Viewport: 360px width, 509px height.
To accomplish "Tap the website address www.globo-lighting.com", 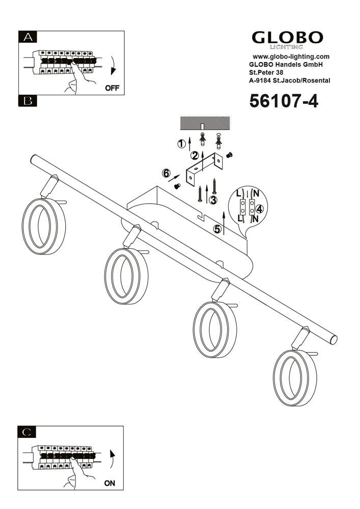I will [291, 56].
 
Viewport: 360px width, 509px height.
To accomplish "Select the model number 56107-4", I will [283, 101].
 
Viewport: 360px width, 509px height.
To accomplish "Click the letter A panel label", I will [29, 37].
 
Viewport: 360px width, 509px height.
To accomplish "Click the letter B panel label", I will [29, 101].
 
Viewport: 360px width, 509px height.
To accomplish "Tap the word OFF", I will [112, 88].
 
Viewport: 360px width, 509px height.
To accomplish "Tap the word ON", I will [109, 483].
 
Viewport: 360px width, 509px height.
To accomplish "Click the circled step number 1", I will [181, 144].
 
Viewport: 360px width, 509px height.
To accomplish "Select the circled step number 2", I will [195, 156].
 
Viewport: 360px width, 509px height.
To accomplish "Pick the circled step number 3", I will [213, 200].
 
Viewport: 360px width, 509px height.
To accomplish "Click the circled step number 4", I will [260, 208].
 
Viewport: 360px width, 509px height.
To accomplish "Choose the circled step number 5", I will [217, 229].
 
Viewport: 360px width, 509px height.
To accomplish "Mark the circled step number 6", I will [166, 174].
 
